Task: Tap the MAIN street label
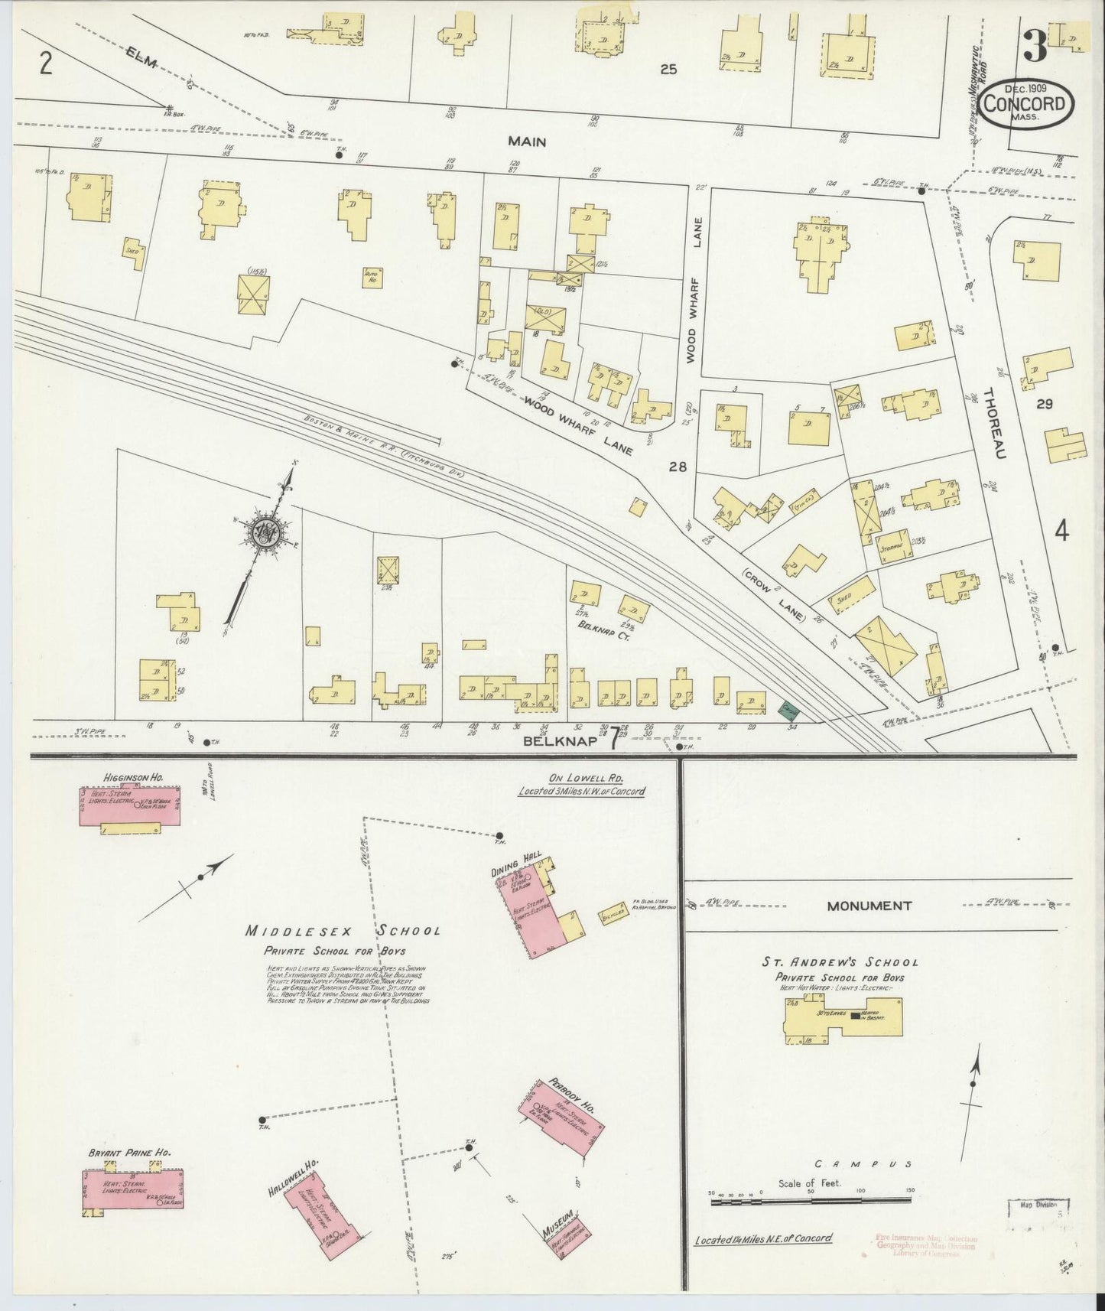pos(528,142)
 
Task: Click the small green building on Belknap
pos(785,711)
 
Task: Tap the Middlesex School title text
pos(342,931)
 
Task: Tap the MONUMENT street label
pos(869,906)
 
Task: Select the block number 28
pos(677,467)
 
